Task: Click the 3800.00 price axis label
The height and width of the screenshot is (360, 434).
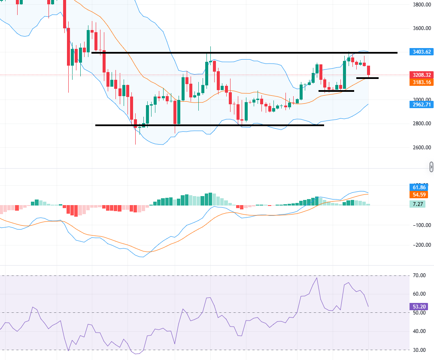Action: point(419,5)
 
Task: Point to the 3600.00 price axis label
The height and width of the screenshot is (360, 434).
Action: point(419,28)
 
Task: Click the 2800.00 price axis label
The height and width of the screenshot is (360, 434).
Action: point(419,124)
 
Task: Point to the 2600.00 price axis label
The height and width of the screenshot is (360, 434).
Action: point(419,148)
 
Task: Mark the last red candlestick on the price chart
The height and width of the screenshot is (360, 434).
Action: point(368,70)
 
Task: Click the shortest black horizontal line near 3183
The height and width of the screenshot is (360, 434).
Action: point(367,78)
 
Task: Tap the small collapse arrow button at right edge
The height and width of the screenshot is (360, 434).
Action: point(431,166)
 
